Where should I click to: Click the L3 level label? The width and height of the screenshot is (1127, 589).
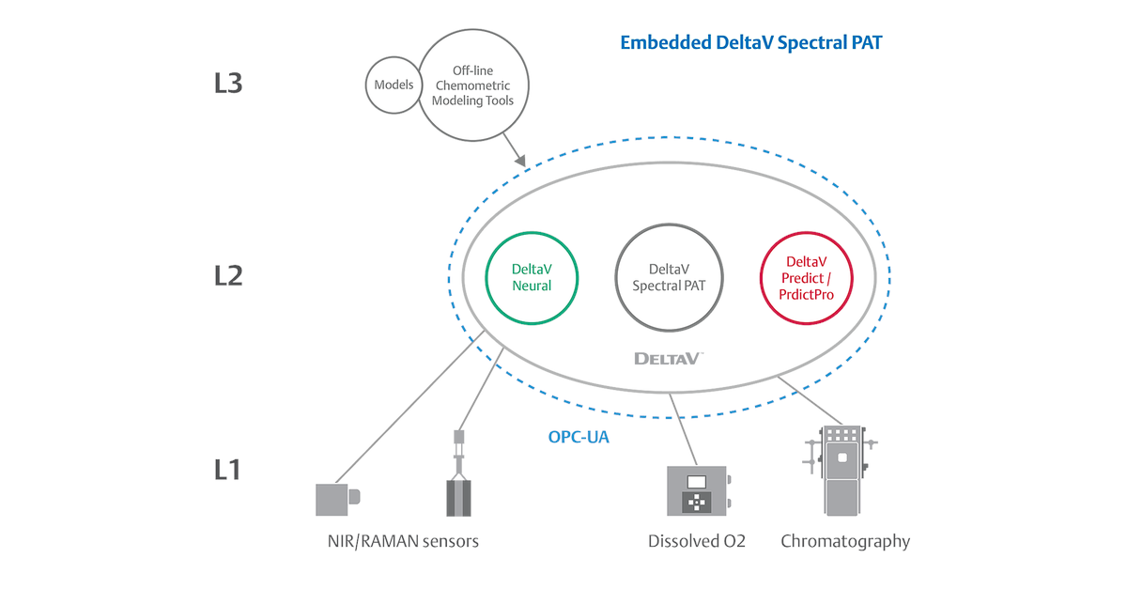tap(228, 83)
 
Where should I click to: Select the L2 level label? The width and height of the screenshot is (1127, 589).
tap(228, 275)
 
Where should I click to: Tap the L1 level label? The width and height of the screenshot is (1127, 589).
tap(226, 467)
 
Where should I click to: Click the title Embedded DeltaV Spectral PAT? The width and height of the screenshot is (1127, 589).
tap(750, 43)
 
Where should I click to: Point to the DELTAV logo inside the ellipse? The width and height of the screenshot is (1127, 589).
tap(669, 358)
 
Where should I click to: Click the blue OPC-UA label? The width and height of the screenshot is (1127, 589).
tap(579, 437)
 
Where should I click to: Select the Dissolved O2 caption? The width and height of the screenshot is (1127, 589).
tap(697, 541)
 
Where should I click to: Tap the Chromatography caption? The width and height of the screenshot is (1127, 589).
tap(845, 541)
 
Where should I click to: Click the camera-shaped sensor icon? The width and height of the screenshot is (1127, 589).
tap(337, 498)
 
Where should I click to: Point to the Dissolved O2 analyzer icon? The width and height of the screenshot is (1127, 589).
tap(698, 490)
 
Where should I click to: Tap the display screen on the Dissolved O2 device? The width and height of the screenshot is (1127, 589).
tap(697, 482)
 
